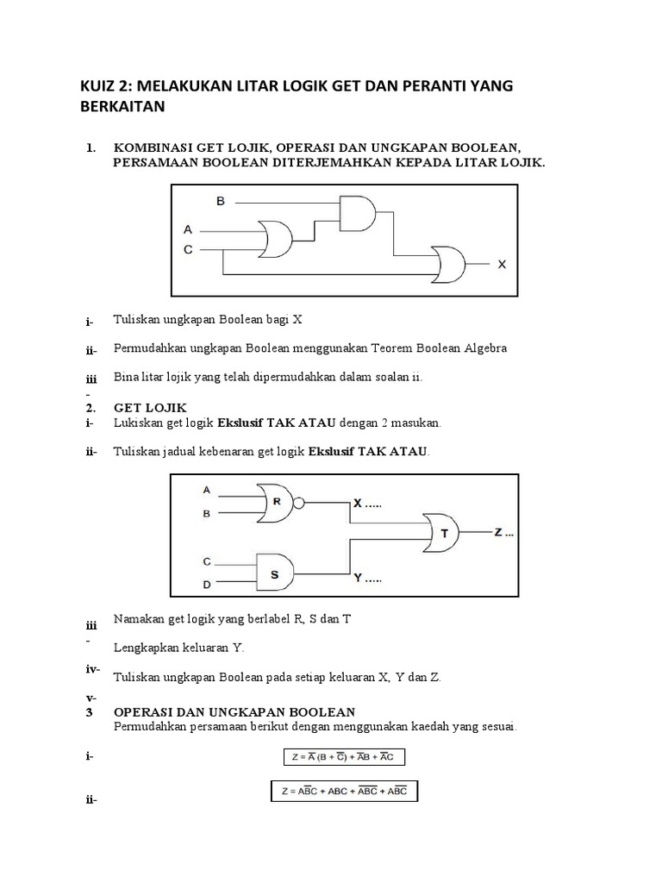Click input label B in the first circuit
(x=220, y=201)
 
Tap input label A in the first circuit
(x=188, y=229)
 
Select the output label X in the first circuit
(x=502, y=266)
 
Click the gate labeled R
(x=275, y=504)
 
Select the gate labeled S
(x=275, y=570)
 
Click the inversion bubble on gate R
(x=297, y=504)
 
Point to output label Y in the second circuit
(x=359, y=580)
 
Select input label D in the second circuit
(x=207, y=586)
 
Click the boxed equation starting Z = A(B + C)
(x=344, y=757)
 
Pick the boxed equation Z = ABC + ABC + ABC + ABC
(x=344, y=790)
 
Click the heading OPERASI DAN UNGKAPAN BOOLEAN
(x=234, y=712)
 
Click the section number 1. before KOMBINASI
(x=91, y=147)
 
